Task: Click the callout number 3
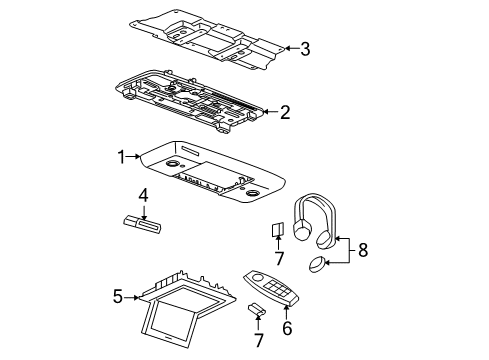click(x=305, y=49)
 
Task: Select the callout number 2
click(x=285, y=112)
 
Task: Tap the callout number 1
click(x=122, y=157)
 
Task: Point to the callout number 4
click(x=143, y=196)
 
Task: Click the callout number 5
click(x=118, y=296)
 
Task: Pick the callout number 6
click(x=287, y=328)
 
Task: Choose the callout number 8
click(x=363, y=250)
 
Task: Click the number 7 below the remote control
click(x=259, y=340)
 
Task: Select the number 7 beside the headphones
click(x=279, y=258)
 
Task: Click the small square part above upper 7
click(x=277, y=229)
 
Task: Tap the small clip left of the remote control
click(x=257, y=309)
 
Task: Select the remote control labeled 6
click(x=271, y=287)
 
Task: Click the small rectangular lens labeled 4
click(x=142, y=224)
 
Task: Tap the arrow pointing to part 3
click(x=292, y=49)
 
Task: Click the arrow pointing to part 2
click(x=272, y=112)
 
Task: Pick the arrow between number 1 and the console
click(x=134, y=156)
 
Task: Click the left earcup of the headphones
click(x=302, y=230)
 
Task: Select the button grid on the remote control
click(x=277, y=288)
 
